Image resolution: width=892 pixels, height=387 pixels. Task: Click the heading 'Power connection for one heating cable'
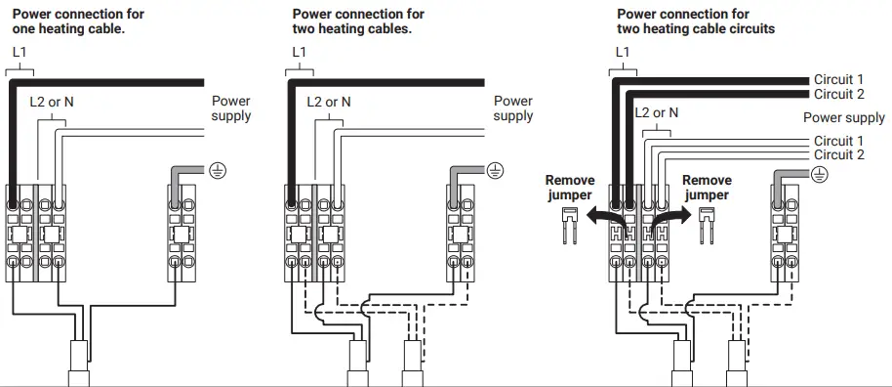pos(78,21)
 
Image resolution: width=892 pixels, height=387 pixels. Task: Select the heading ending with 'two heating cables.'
pos(358,21)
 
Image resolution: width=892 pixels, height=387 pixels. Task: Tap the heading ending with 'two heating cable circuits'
pos(696,21)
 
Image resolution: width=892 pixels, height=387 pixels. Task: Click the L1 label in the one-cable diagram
pos(20,50)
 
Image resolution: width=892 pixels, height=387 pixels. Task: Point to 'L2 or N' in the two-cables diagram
pos(328,101)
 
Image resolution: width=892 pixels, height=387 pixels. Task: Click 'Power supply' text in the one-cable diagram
pos(231,108)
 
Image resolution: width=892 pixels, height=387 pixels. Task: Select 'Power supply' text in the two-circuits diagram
pos(844,118)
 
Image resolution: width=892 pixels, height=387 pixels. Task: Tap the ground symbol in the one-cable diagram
pos(219,171)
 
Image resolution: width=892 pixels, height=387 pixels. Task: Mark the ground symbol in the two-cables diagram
pos(496,171)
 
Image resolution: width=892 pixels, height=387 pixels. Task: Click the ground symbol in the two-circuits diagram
pos(820,174)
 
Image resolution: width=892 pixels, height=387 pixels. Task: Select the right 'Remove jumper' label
pos(707,188)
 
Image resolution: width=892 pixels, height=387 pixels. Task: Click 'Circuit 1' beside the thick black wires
pos(839,79)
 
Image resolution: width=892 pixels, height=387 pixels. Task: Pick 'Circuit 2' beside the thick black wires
pos(839,94)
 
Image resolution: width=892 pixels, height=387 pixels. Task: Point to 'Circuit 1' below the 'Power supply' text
pos(839,141)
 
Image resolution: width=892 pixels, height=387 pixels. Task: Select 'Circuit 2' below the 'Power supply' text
pos(839,154)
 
